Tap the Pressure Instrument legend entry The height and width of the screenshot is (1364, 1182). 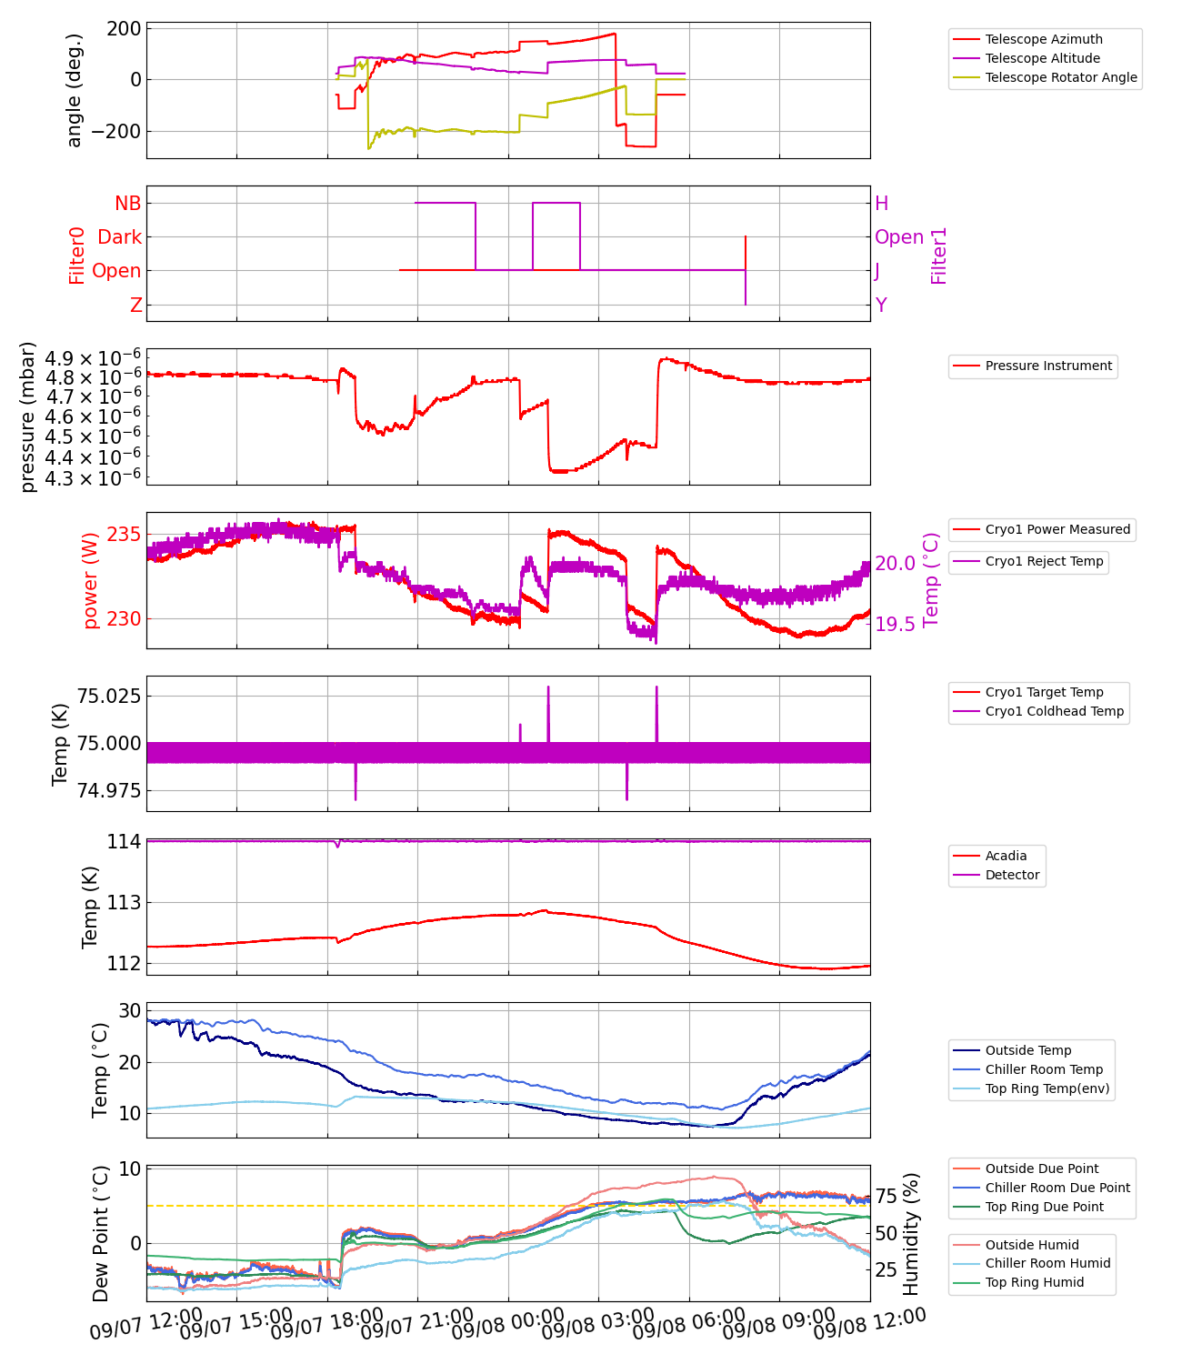1047,366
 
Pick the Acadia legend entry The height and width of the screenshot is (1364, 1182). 1006,856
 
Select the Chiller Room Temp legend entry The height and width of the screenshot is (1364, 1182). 1044,1069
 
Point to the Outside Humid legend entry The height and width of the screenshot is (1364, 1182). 1032,1245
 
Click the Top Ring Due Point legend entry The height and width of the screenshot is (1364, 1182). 1044,1207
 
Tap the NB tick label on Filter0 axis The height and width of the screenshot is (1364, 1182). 127,204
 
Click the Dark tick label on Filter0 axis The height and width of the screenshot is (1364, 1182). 119,237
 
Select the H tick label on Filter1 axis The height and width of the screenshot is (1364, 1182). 881,204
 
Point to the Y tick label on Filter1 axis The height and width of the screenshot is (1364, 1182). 881,306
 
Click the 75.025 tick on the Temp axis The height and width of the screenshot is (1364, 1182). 108,697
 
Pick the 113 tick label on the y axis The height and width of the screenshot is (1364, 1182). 124,903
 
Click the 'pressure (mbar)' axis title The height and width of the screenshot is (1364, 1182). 28,416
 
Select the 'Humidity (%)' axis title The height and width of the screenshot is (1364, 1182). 911,1233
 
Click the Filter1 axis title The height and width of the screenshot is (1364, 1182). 938,256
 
